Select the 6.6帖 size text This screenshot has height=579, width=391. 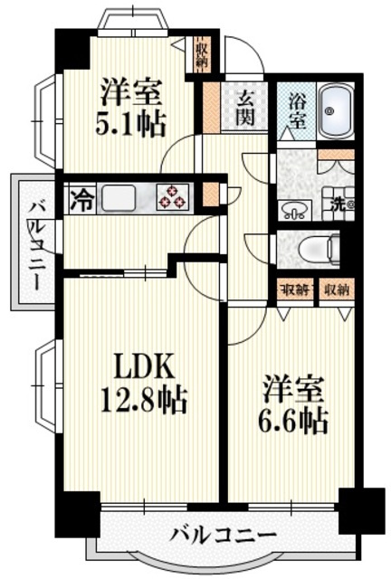[295, 419]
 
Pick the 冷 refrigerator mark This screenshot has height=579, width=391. [81, 196]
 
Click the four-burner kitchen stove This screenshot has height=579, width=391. [172, 196]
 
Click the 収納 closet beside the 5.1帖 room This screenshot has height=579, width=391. [201, 54]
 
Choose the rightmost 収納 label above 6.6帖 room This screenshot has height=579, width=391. [336, 289]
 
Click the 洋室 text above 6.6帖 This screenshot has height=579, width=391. [295, 387]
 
